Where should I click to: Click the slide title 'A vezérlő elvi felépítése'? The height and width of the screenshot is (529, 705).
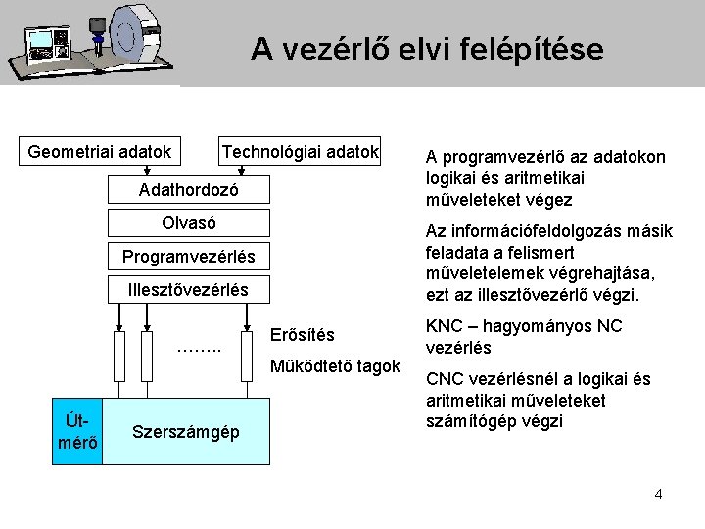click(427, 48)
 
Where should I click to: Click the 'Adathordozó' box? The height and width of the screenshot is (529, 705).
click(188, 188)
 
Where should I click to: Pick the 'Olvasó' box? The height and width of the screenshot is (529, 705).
click(188, 223)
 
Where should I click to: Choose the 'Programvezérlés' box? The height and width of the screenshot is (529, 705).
click(188, 257)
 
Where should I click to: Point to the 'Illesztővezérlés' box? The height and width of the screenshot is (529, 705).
click(188, 290)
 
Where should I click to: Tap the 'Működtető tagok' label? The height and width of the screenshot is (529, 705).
click(334, 366)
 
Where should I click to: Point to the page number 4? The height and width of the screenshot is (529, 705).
click(658, 493)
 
